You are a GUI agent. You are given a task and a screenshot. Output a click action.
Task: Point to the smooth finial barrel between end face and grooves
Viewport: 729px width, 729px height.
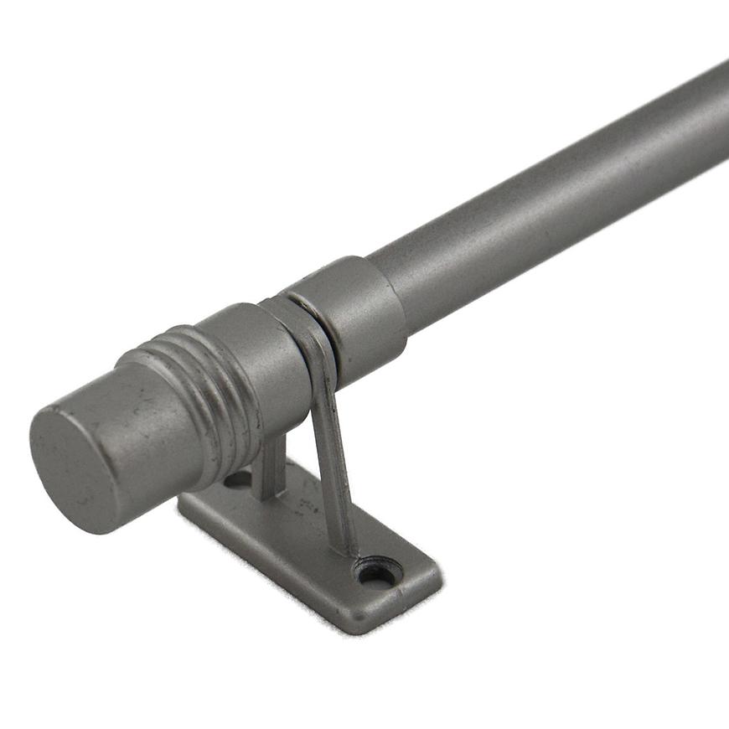point(142,419)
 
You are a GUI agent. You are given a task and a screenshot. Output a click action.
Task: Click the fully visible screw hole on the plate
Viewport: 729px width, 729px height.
point(375,575)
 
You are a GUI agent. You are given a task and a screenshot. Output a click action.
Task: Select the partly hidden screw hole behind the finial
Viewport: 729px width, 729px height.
point(239,480)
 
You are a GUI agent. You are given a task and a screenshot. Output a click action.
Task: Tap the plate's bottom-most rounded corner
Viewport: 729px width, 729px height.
point(356,627)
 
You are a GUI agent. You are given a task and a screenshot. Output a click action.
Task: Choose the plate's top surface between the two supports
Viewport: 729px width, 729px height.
point(306,520)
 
